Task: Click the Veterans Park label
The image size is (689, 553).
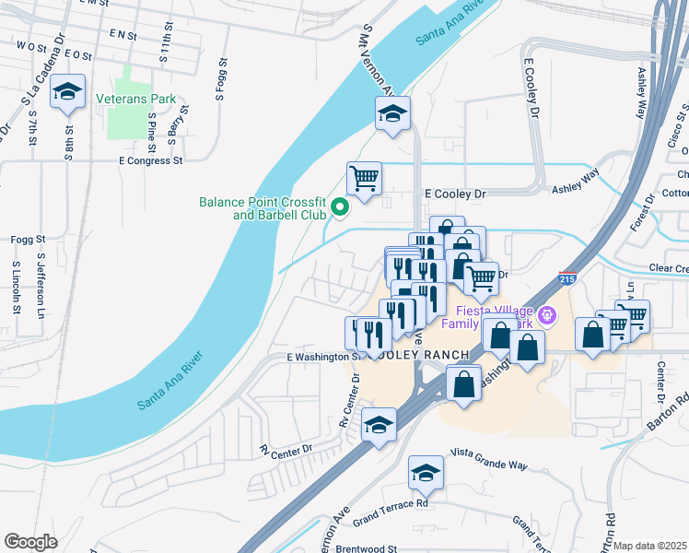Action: (135, 98)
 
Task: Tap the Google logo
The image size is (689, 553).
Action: (30, 542)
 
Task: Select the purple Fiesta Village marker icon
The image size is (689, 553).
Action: (546, 315)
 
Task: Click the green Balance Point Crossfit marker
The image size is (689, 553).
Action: (338, 207)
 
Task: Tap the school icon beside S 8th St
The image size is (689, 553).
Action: (67, 91)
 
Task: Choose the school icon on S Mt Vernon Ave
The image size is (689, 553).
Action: (392, 113)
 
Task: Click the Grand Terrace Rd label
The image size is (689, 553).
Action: (391, 512)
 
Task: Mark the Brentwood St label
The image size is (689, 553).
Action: (366, 547)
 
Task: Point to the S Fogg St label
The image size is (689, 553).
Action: (220, 77)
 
